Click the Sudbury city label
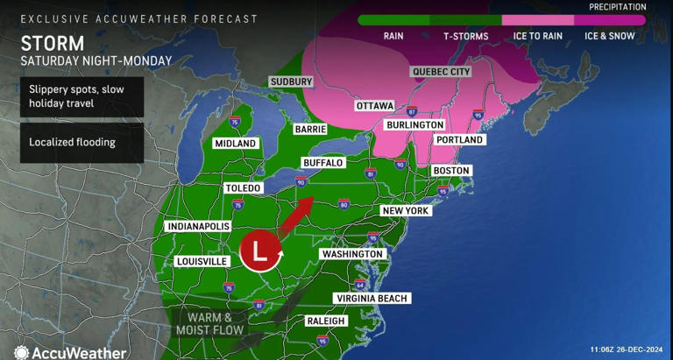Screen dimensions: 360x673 291,81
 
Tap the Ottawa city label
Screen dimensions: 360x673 374,106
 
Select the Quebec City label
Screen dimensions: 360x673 441,72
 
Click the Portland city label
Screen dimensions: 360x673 459,140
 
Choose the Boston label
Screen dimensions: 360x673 451,170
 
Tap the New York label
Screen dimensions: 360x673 405,211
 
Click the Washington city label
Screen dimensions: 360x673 352,254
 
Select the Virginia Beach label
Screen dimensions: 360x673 372,299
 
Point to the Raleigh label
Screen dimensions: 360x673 326,321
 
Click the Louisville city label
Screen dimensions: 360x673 202,261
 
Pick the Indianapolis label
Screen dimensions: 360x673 195,225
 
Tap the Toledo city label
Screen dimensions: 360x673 244,188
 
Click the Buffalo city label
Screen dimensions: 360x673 322,163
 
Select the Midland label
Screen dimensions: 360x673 236,143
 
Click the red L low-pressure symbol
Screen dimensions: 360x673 259,251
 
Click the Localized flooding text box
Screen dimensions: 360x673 81,141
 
